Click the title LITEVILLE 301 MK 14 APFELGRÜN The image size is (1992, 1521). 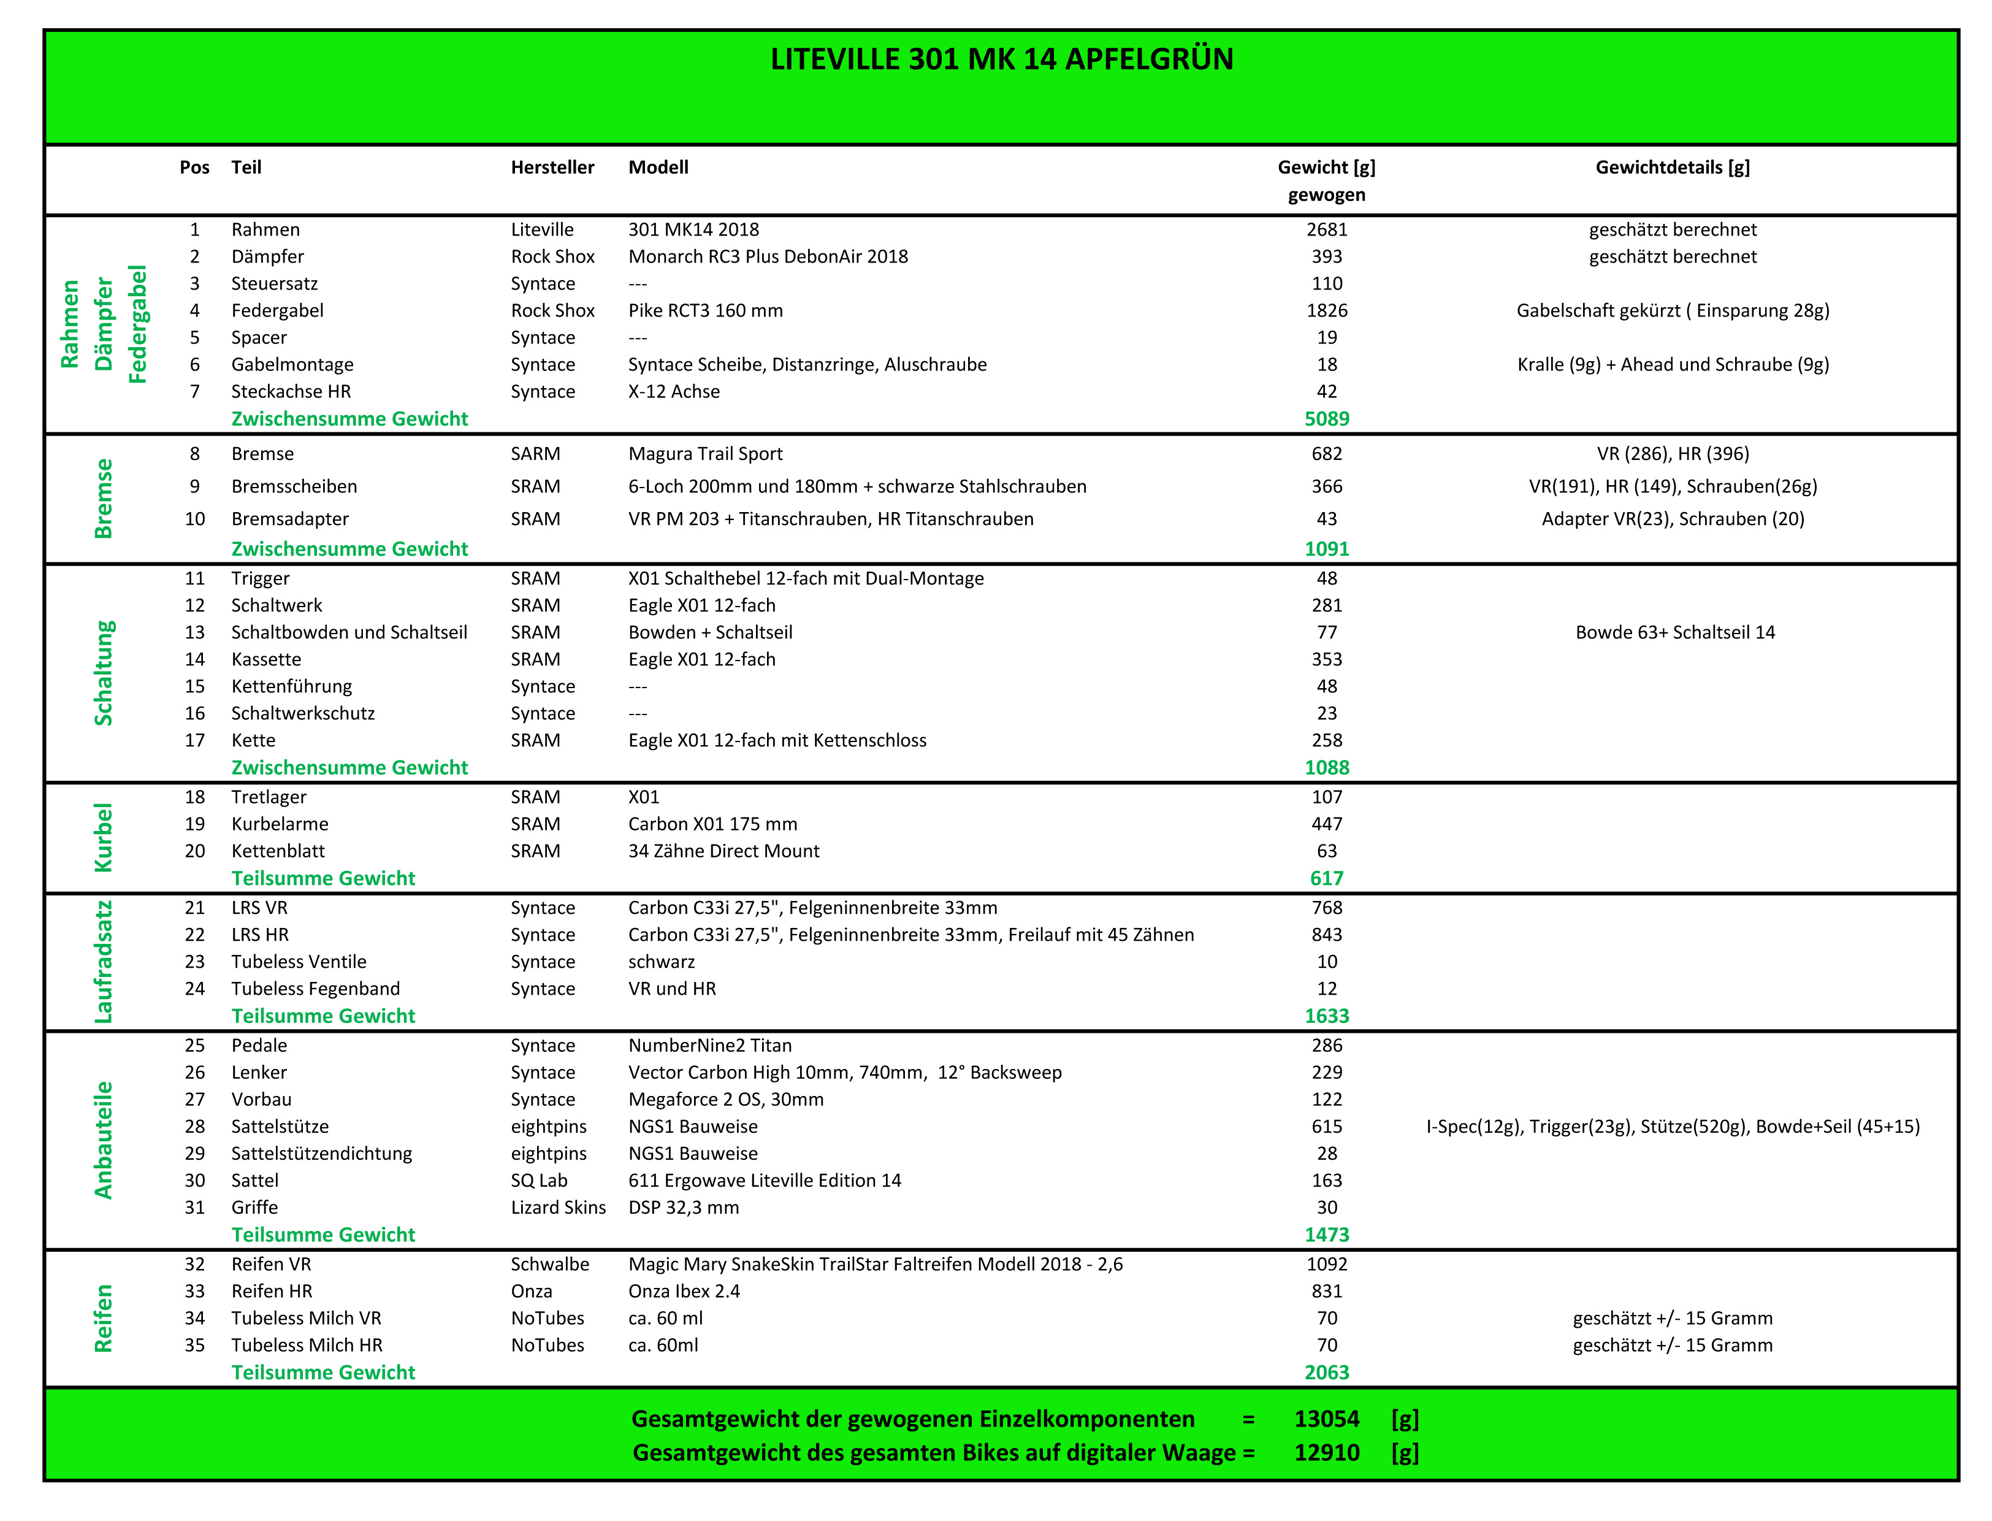1001,59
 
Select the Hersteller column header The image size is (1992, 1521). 552,167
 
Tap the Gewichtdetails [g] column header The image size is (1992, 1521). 1671,167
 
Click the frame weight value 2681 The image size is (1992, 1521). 1326,230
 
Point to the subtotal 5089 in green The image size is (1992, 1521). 1326,419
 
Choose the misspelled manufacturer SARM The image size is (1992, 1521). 535,454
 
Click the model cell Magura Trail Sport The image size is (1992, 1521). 705,454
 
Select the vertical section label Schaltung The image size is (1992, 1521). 104,673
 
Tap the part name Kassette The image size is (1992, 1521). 266,660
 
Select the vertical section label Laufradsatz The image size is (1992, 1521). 104,962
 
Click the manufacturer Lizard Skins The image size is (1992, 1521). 557,1208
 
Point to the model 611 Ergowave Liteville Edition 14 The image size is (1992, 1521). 764,1181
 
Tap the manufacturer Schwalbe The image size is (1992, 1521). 549,1265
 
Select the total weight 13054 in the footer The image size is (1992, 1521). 1326,1419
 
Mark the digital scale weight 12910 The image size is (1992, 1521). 1326,1453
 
